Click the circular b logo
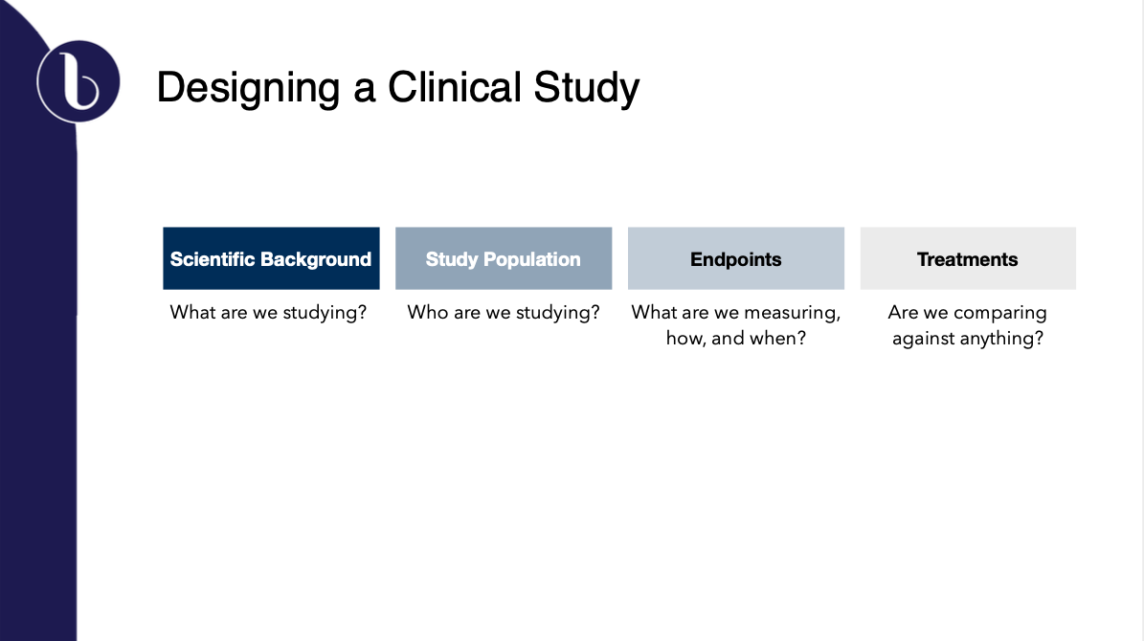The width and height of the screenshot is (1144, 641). click(79, 81)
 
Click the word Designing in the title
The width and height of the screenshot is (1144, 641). click(248, 88)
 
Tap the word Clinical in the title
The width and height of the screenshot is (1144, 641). click(455, 87)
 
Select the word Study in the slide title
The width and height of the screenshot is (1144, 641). click(587, 88)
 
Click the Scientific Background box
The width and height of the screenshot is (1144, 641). click(271, 258)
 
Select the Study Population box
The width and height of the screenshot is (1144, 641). click(504, 258)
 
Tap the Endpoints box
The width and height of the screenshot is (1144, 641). click(735, 258)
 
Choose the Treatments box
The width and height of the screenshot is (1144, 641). click(968, 258)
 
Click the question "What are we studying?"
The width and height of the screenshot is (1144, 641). click(268, 313)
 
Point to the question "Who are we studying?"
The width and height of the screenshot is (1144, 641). click(504, 313)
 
